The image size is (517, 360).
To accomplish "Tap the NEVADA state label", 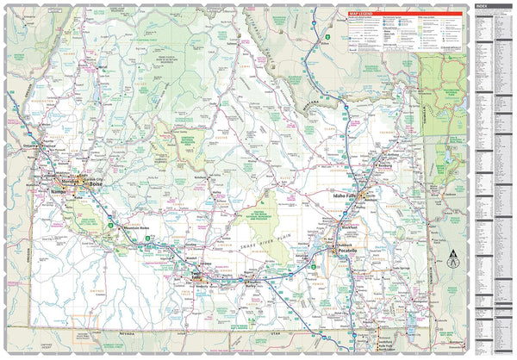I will coord(129,331).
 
